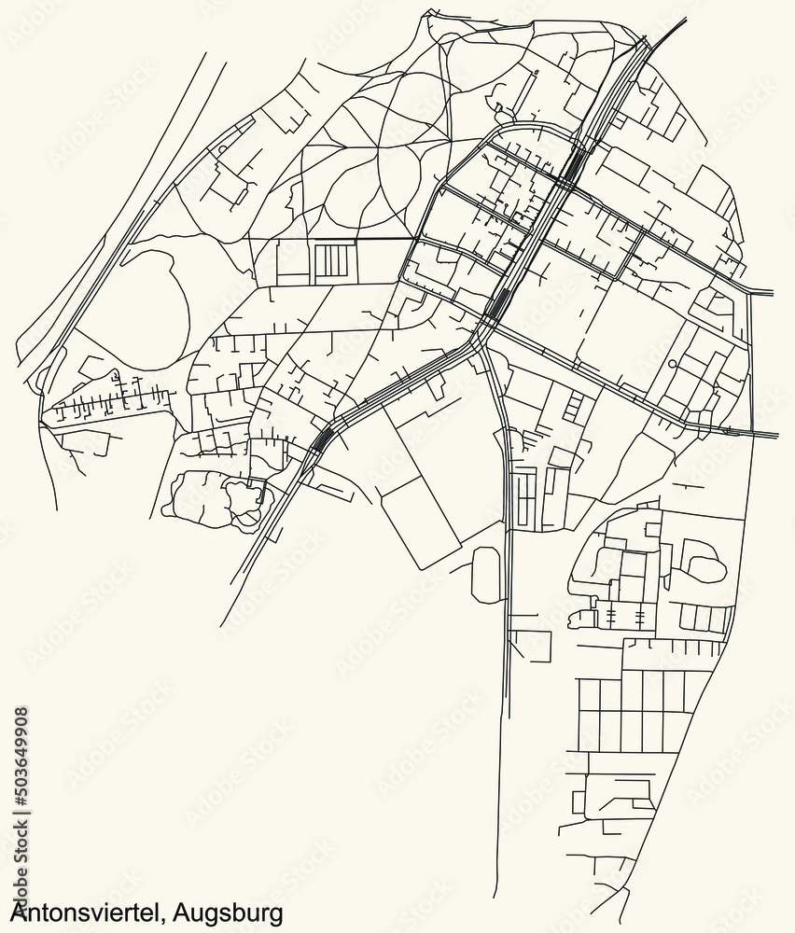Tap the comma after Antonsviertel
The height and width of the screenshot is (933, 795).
(165, 916)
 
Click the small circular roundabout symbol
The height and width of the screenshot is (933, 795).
(672, 364)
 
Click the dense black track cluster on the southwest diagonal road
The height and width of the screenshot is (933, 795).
(322, 438)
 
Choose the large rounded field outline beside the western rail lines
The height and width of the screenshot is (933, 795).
(140, 299)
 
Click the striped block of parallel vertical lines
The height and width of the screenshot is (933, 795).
(334, 259)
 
